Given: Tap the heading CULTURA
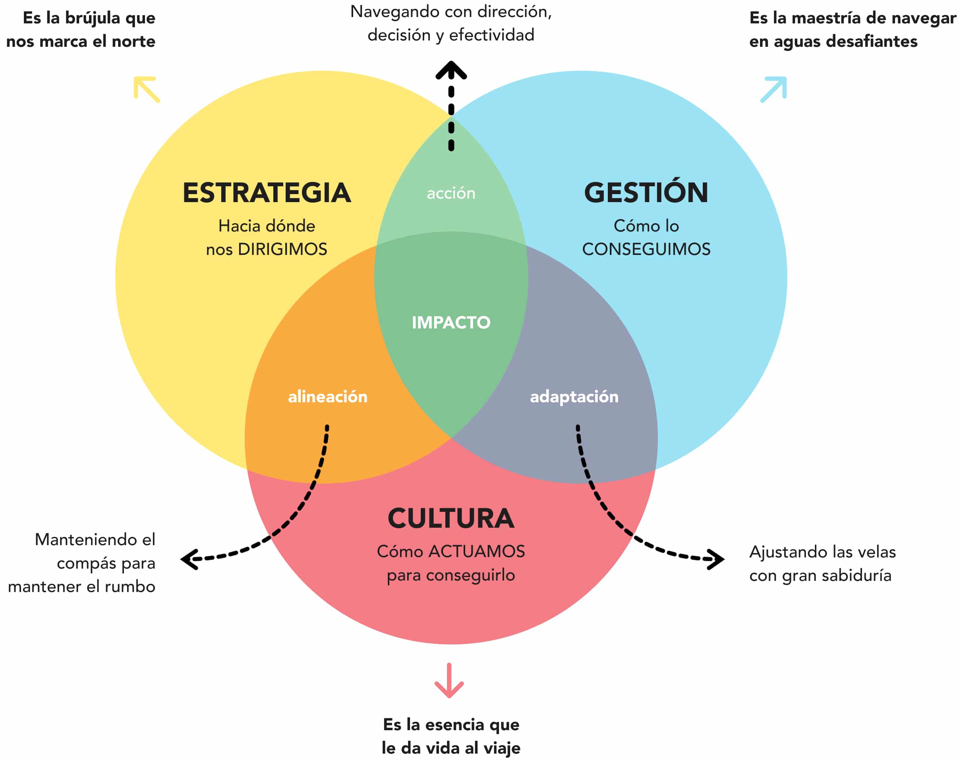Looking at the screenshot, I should click(x=451, y=519).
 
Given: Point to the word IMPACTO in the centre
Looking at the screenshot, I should click(x=451, y=322).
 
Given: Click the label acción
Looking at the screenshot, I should click(x=451, y=193).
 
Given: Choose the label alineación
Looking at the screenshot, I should click(x=328, y=396).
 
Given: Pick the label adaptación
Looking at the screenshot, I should click(x=574, y=396).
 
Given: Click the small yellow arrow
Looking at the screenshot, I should click(x=146, y=89).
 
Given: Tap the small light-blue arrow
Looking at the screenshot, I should click(x=773, y=89).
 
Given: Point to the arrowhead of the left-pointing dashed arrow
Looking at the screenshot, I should click(x=189, y=559).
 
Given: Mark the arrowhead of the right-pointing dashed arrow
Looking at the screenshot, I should click(x=716, y=559).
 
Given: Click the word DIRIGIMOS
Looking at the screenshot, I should click(x=282, y=249).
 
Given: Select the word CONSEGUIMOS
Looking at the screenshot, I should click(x=646, y=249).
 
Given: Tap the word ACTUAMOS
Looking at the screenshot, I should click(x=476, y=552).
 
